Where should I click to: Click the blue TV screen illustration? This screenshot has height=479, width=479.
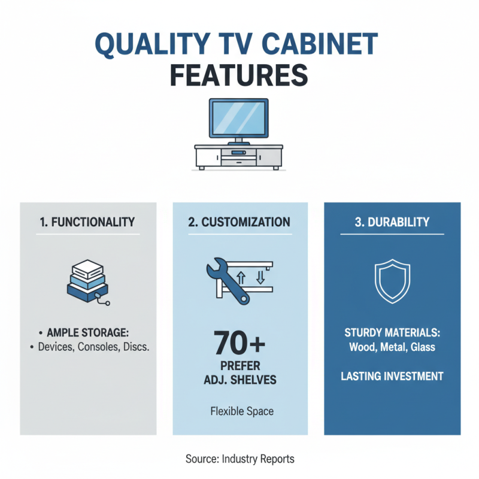238,118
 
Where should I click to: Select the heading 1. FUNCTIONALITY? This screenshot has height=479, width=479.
88,222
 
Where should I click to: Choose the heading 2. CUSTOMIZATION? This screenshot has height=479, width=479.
239,222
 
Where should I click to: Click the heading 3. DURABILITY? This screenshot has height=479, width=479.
392,222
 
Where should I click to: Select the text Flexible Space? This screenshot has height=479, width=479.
240,412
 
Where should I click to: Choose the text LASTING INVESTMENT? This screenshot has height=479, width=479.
392,377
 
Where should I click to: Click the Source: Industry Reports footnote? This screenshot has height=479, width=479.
239,459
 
